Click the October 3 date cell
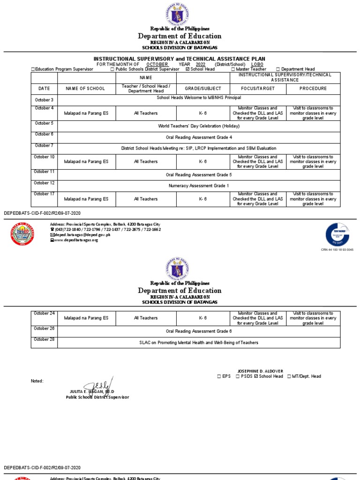pyautogui.click(x=44, y=100)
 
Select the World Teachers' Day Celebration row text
pyautogui.click(x=199, y=126)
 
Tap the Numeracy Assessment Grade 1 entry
pyautogui.click(x=199, y=186)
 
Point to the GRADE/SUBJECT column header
pyautogui.click(x=202, y=89)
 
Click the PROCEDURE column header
pyautogui.click(x=313, y=89)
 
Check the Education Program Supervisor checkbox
pyautogui.click(x=33, y=69)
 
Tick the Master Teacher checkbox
pyautogui.click(x=233, y=69)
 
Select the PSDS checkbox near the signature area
pyautogui.click(x=238, y=376)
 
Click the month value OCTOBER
pyautogui.click(x=157, y=64)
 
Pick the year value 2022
pyautogui.click(x=201, y=64)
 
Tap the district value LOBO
pyautogui.click(x=257, y=64)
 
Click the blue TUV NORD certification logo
pyautogui.click(x=337, y=234)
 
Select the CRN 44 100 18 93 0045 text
pyautogui.click(x=337, y=250)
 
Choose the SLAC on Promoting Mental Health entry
pyautogui.click(x=199, y=343)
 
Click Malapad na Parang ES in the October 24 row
pyautogui.click(x=86, y=318)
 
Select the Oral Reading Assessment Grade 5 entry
pyautogui.click(x=199, y=175)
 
